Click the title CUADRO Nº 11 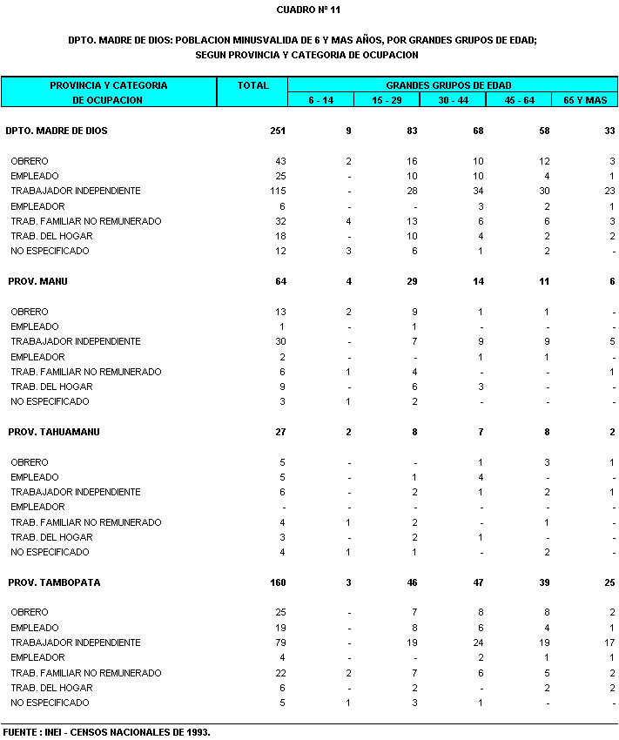click(x=308, y=10)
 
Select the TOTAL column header click(x=252, y=85)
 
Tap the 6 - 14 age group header click(x=320, y=100)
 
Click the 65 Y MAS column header click(x=584, y=100)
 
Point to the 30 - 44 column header click(x=453, y=100)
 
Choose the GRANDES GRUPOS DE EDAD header click(x=448, y=85)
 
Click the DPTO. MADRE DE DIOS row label click(x=56, y=131)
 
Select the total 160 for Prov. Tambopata click(x=278, y=582)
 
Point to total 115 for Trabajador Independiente click(x=278, y=191)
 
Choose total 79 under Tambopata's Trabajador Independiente click(x=280, y=642)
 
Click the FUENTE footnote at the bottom click(x=107, y=732)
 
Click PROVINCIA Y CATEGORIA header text click(x=108, y=85)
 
